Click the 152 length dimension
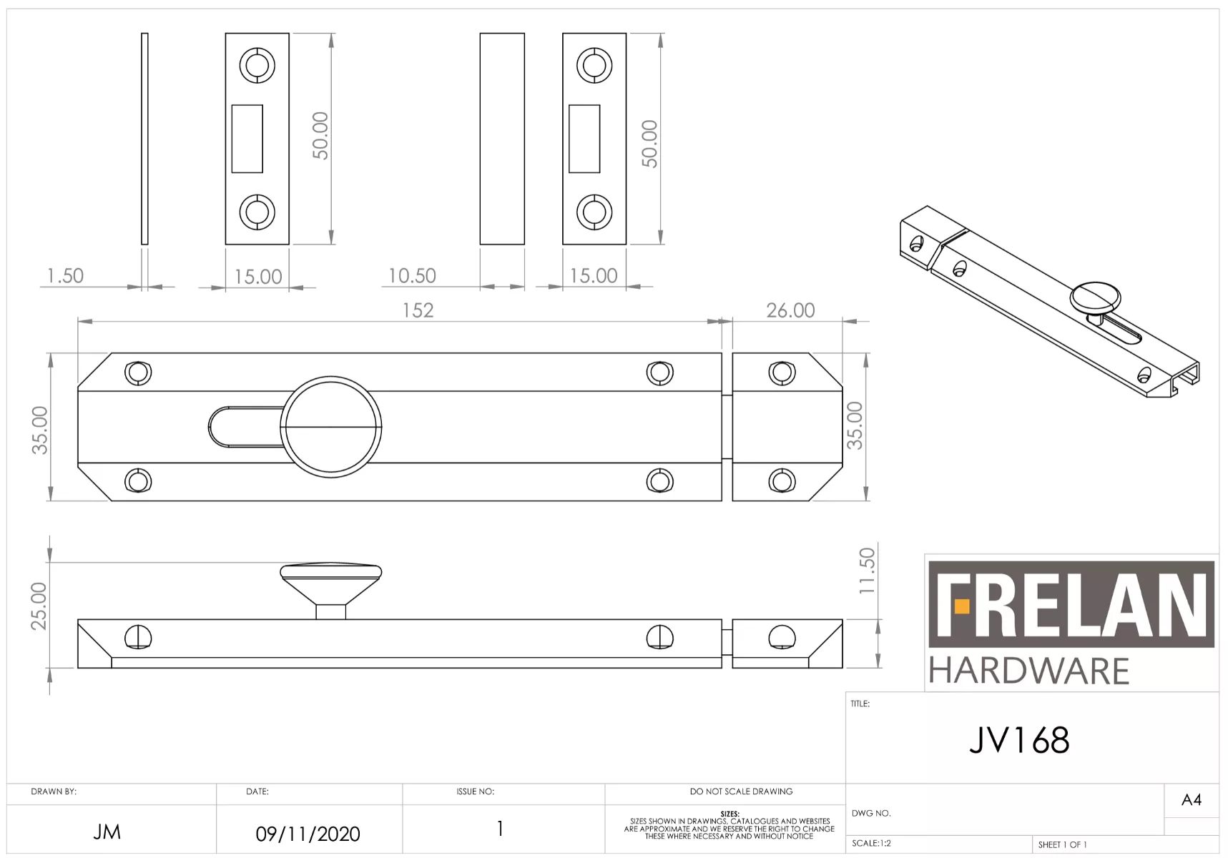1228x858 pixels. [418, 310]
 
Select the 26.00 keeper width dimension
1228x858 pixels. [790, 310]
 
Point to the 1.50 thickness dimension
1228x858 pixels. [65, 276]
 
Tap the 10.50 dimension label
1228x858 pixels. [412, 276]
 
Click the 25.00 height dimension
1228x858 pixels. [39, 606]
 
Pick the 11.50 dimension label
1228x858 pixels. [867, 571]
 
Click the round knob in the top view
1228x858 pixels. [331, 427]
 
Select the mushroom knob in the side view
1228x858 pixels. [330, 576]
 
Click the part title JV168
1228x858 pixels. [1019, 740]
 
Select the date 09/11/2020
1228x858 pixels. [308, 834]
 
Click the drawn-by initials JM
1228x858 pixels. [107, 832]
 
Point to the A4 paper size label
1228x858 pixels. [1191, 800]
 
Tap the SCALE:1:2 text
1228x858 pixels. [871, 844]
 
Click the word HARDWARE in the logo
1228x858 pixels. [1028, 671]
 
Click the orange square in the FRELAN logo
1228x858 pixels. [962, 607]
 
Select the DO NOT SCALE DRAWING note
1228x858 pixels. [741, 792]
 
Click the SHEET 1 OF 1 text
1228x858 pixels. [1062, 845]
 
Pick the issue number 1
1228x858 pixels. [500, 829]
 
